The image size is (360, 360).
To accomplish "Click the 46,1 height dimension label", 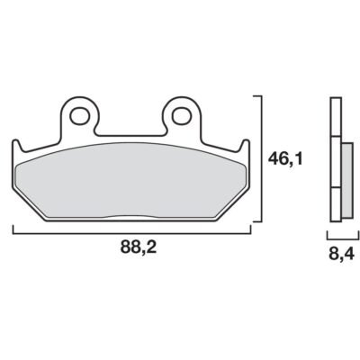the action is click(x=285, y=159).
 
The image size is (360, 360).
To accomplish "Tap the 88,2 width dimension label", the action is click(x=139, y=247).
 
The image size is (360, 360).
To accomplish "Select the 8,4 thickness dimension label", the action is click(x=342, y=255).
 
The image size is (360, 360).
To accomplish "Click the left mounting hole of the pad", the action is click(x=80, y=114).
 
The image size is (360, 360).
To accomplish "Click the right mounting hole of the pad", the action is click(x=182, y=114).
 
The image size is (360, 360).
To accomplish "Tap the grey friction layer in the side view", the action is click(x=347, y=181).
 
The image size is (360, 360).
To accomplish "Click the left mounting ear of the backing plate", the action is click(x=80, y=115).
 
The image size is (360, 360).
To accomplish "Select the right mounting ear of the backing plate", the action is click(x=182, y=115).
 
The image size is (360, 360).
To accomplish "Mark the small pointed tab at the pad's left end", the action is click(x=17, y=146).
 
